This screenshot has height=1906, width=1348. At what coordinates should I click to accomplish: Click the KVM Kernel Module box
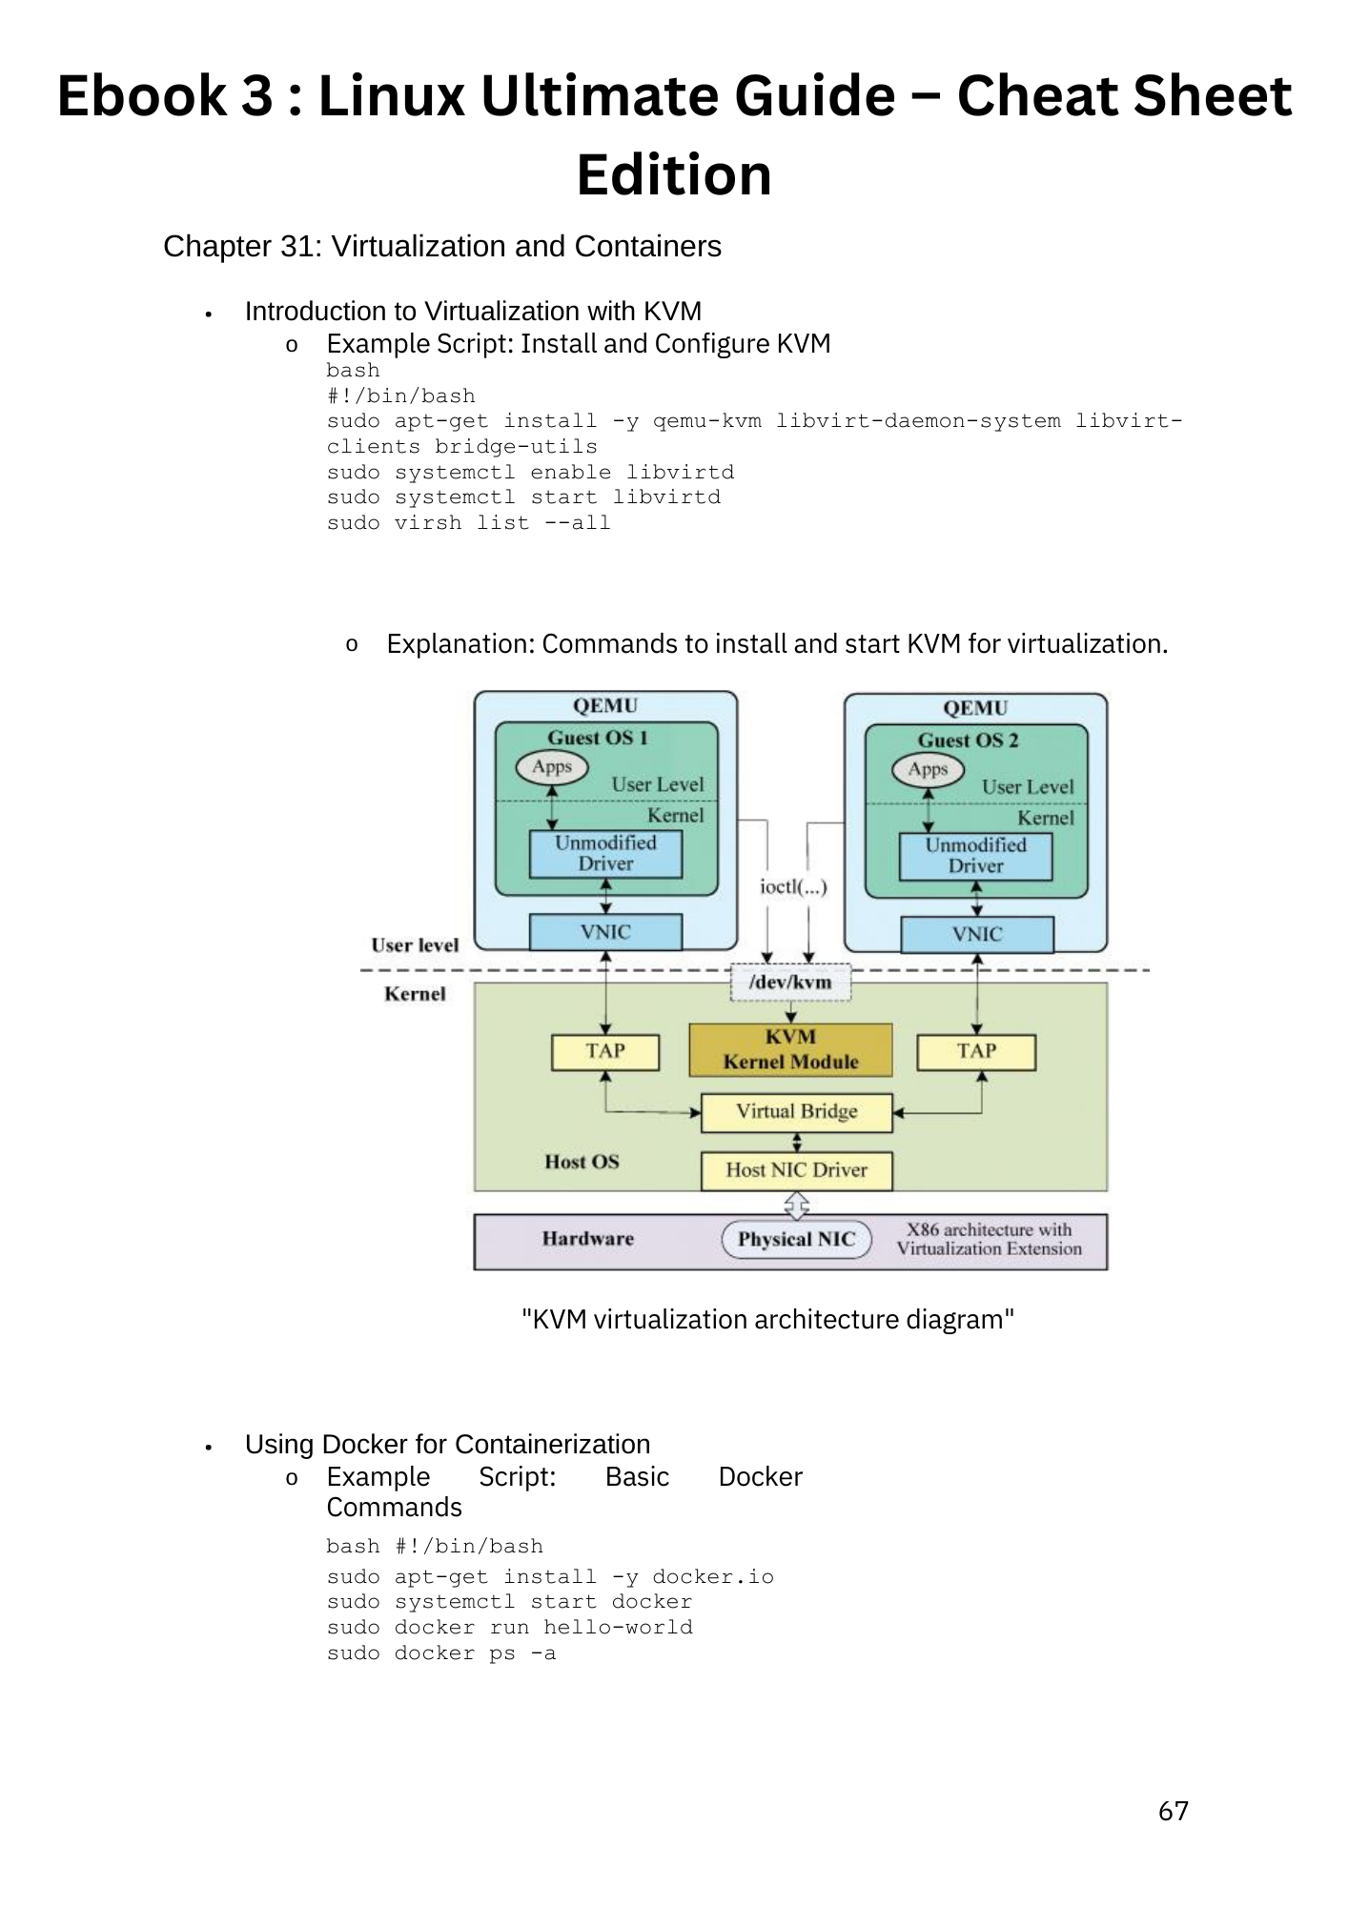point(790,1049)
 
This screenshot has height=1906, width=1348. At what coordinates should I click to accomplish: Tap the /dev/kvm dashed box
point(790,983)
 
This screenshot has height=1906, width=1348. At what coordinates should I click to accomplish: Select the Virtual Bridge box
point(796,1112)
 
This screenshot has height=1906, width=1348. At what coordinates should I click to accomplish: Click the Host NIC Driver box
point(796,1170)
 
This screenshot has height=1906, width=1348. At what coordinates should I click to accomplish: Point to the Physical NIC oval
point(796,1239)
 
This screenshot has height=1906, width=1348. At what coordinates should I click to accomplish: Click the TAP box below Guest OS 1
point(605,1051)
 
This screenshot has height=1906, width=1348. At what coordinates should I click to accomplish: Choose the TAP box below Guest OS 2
point(976,1051)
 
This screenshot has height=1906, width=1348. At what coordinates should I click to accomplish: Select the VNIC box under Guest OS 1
point(605,932)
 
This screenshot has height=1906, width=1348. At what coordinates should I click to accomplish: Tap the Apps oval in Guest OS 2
point(928,769)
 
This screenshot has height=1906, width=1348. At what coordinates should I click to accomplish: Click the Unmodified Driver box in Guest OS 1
point(605,854)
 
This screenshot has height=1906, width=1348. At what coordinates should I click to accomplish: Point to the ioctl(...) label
point(793,887)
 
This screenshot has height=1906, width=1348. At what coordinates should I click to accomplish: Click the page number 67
point(1173,1812)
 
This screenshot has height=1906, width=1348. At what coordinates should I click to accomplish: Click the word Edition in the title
point(674,175)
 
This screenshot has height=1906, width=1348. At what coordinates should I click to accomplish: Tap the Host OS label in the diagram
point(582,1162)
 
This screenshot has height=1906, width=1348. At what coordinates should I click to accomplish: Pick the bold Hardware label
point(587,1239)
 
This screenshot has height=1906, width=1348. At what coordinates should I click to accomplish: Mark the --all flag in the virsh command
point(577,523)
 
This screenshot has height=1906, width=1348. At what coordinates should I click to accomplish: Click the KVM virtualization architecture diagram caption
point(767,1320)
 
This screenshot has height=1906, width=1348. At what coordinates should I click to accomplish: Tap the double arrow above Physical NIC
point(796,1206)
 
